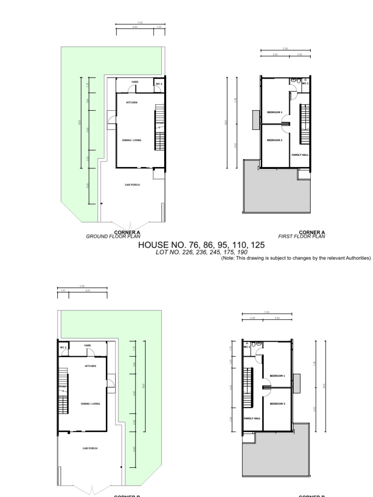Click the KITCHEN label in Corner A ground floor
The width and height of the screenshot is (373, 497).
pyautogui.click(x=132, y=102)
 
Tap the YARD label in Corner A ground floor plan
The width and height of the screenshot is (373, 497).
pyautogui.click(x=135, y=82)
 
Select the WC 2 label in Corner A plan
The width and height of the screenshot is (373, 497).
pyautogui.click(x=158, y=83)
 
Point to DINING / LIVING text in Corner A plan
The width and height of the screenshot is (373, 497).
pyautogui.click(x=132, y=140)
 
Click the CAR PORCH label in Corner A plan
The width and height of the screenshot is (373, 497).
pyautogui.click(x=132, y=184)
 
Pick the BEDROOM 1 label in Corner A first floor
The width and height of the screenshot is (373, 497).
pyautogui.click(x=274, y=112)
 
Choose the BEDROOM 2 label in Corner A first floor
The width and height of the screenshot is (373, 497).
pyautogui.click(x=274, y=140)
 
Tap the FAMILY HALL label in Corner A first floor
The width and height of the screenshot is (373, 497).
pyautogui.click(x=300, y=155)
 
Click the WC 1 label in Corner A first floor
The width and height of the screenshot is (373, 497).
pyautogui.click(x=305, y=83)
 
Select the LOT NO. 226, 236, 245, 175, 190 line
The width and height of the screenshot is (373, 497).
pyautogui.click(x=202, y=252)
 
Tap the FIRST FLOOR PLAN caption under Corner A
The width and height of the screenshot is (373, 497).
pyautogui.click(x=302, y=236)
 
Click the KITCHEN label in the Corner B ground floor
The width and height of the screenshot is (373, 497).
pyautogui.click(x=90, y=365)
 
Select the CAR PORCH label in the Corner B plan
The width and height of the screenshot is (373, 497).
pyautogui.click(x=90, y=448)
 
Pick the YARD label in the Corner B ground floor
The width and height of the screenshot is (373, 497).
pyautogui.click(x=87, y=345)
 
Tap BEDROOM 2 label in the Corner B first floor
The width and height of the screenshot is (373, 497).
pyautogui.click(x=277, y=404)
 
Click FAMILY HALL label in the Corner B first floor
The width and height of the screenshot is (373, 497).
pyautogui.click(x=252, y=418)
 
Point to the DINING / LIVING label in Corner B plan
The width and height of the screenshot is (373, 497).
pyautogui.click(x=90, y=403)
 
